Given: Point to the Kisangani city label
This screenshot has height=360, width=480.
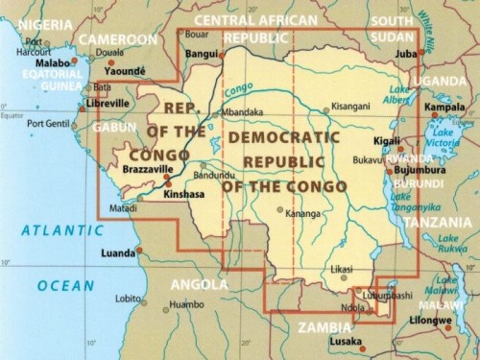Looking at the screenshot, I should point(348,108).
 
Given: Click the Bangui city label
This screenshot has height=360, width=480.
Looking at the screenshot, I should point(201,55).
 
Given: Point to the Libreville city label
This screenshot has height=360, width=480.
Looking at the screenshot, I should point(108,103).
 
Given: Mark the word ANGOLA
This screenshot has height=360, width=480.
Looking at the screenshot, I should point(199,284).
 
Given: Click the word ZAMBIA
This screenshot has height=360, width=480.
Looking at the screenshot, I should point(324,326).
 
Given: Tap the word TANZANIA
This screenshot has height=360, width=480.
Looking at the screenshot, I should point(438,222).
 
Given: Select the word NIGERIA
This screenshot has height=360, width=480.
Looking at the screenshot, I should point(37,23).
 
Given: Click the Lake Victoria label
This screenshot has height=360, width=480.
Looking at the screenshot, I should point(448,137).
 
